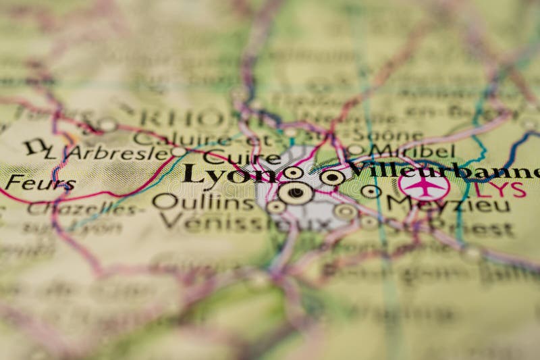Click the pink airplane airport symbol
click(x=423, y=184)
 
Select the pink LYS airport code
click(x=500, y=189)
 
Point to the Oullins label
click(x=194, y=201)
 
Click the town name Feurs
click(x=30, y=182)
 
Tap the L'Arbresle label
click(x=107, y=153)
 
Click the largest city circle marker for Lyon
click(x=295, y=193)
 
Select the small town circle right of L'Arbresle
click(x=178, y=152)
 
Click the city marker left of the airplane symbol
click(x=370, y=191)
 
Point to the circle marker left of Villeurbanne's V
click(x=331, y=178)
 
